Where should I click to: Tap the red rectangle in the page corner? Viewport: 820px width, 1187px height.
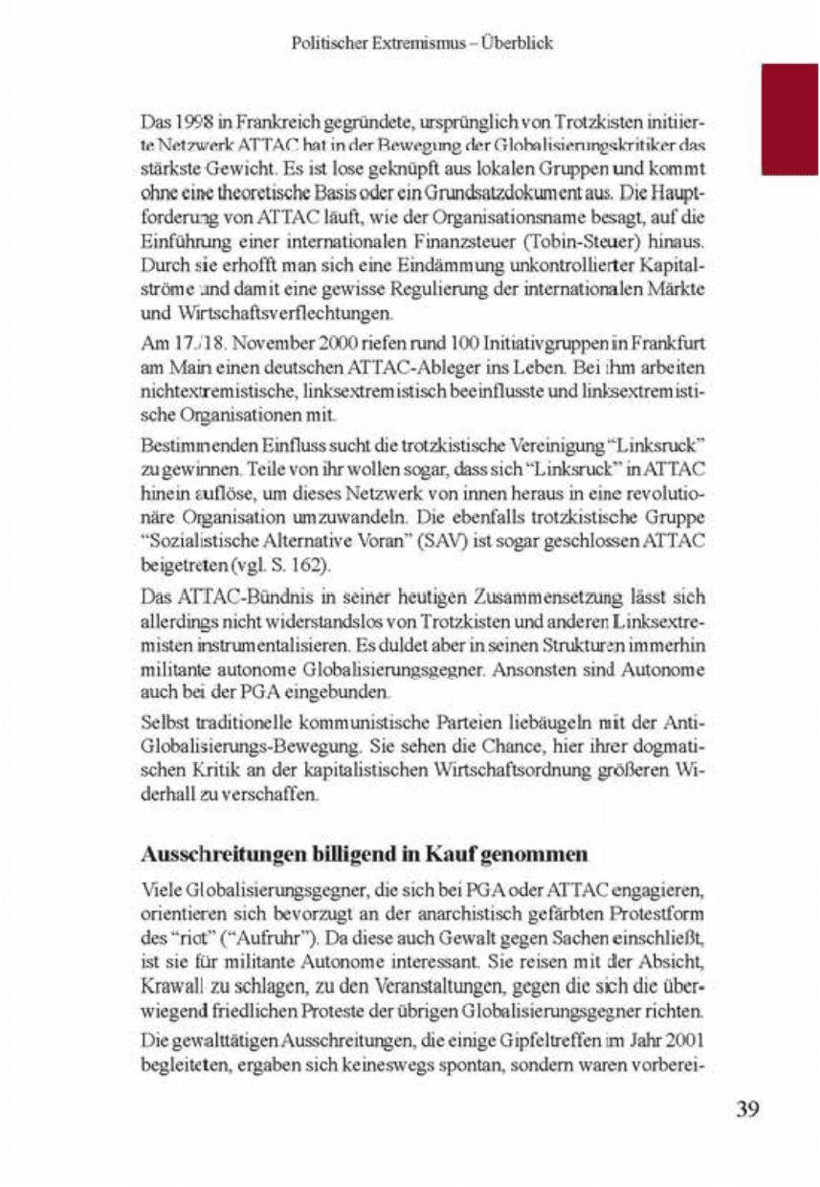tap(790, 115)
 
